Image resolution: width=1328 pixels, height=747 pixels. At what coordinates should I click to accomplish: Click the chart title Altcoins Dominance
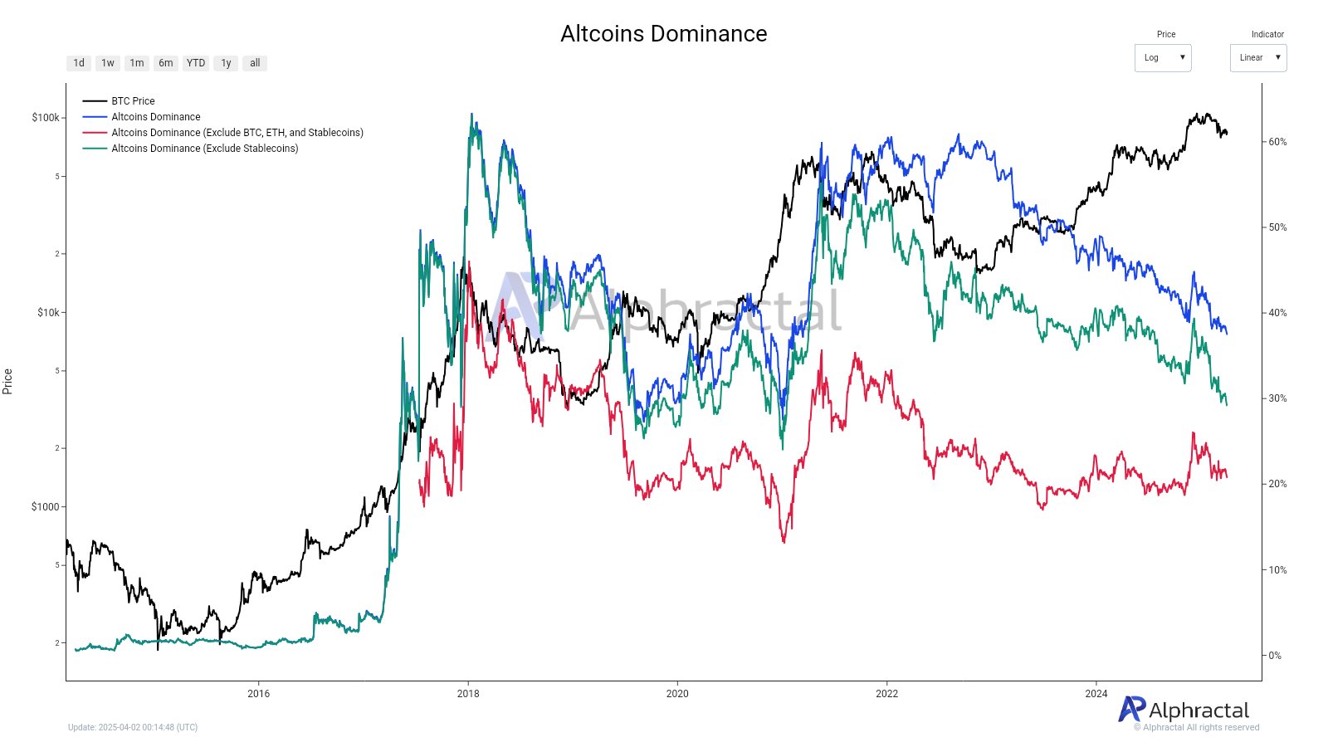coord(663,33)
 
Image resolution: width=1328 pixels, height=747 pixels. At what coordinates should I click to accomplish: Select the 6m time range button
coord(166,63)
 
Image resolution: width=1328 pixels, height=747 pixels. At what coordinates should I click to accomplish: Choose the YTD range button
coord(196,63)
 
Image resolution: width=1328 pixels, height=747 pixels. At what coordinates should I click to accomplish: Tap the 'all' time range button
coord(255,63)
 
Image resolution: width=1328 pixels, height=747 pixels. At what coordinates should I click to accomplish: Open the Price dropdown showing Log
coord(1163,58)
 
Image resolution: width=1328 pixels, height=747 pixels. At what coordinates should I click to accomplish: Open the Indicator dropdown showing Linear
coord(1258,58)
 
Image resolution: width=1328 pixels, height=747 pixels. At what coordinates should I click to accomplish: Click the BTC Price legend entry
coord(133,101)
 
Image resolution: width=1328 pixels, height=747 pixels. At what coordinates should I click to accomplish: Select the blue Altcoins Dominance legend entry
coord(156,117)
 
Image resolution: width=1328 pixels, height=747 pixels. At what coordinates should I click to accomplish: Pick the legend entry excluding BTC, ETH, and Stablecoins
coord(237,133)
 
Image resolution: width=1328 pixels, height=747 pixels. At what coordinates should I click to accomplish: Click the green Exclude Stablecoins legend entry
coord(205,149)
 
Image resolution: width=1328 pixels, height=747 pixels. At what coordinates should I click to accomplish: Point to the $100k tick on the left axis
coord(46,118)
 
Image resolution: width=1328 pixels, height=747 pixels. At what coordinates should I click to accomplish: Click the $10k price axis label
coord(48,313)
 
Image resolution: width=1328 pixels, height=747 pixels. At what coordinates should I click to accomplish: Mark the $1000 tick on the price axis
coord(46,507)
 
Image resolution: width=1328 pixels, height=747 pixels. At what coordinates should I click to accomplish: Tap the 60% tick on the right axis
coord(1277,142)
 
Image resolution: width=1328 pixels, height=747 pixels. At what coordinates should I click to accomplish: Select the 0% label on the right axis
coord(1275,656)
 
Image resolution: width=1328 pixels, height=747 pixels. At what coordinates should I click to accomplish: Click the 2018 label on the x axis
coord(468,694)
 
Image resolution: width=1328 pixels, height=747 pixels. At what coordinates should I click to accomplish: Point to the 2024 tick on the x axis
coord(1096,694)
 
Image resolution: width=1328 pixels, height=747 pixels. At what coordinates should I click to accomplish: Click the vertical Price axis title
coord(7,381)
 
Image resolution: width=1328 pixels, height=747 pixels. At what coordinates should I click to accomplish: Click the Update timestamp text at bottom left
coord(133,728)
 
